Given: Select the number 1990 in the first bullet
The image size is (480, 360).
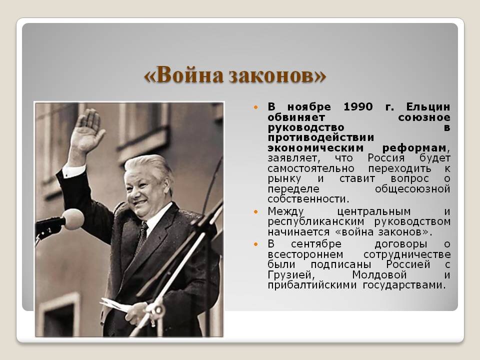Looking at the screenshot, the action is point(358,107).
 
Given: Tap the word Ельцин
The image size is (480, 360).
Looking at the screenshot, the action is point(428,107).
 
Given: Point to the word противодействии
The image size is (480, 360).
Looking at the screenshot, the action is point(321,138).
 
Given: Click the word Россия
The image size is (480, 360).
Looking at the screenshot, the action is point(386,158).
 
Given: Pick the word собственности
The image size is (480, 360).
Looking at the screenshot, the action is point(308,199).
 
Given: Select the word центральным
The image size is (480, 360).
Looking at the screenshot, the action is point(374,211).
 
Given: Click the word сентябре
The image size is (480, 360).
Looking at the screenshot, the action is point(316,244).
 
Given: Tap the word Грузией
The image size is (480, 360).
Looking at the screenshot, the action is point(291,275).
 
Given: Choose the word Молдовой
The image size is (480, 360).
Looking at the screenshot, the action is point(379,275).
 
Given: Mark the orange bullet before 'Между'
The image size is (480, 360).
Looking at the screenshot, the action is point(256,211).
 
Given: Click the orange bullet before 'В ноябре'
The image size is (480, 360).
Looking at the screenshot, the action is point(256,107).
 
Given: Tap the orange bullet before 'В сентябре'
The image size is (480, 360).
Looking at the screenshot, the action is point(256,244).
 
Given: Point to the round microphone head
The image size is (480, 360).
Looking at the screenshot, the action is point(73,219).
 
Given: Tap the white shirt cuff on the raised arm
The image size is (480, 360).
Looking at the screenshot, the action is point(74,170).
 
